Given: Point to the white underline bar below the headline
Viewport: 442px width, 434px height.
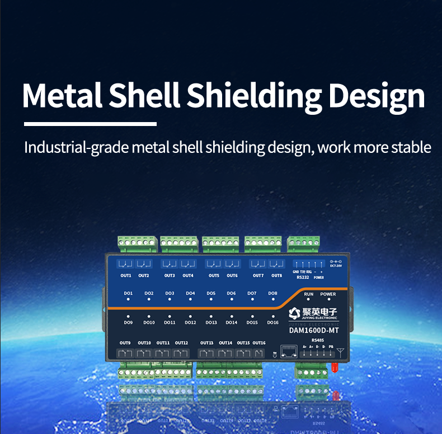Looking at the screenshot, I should point(90,124).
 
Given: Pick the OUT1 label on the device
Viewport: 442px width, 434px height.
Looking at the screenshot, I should point(126,276).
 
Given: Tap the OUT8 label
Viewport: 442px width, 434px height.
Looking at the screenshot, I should point(276,276).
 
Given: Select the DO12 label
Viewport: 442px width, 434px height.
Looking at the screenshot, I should point(190,323).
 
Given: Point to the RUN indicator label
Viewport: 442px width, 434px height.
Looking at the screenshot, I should point(308,294).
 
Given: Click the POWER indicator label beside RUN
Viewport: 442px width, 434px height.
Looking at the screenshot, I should point(328,294).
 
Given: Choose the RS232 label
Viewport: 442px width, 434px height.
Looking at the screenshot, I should point(302,277).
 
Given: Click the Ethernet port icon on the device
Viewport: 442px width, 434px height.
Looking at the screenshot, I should point(289,352).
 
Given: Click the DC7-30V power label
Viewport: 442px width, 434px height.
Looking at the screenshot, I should point(336,266).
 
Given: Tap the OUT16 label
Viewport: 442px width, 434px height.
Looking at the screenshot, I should point(259,343).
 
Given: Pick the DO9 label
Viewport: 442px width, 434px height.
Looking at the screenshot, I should point(128,323).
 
